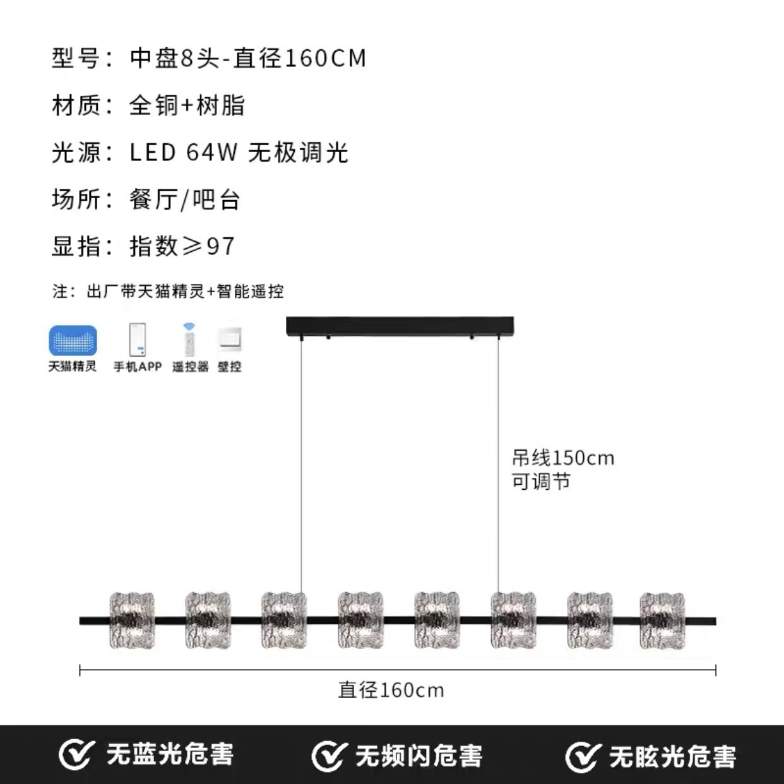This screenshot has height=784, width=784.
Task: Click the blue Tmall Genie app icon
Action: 73,340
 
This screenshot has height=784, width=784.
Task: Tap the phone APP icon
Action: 138,340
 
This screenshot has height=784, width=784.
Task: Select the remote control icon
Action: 189,340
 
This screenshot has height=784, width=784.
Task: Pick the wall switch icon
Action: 230,340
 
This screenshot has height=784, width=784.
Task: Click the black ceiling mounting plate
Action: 400,327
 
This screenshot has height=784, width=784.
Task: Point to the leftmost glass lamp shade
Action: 132,620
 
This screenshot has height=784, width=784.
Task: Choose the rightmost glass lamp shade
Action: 662,620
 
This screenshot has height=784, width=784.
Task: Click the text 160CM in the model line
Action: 326,58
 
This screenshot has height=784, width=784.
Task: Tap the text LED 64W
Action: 184,153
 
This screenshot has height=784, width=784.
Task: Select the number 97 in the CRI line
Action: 221,246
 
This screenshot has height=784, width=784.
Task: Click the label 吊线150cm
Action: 563,458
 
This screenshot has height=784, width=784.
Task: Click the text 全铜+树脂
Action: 187,105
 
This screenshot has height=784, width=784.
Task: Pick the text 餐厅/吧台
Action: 185,199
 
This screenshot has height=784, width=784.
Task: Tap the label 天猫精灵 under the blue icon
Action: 73,367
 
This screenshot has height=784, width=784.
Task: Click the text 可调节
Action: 541,482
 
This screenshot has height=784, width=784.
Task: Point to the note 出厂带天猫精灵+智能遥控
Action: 185,292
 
